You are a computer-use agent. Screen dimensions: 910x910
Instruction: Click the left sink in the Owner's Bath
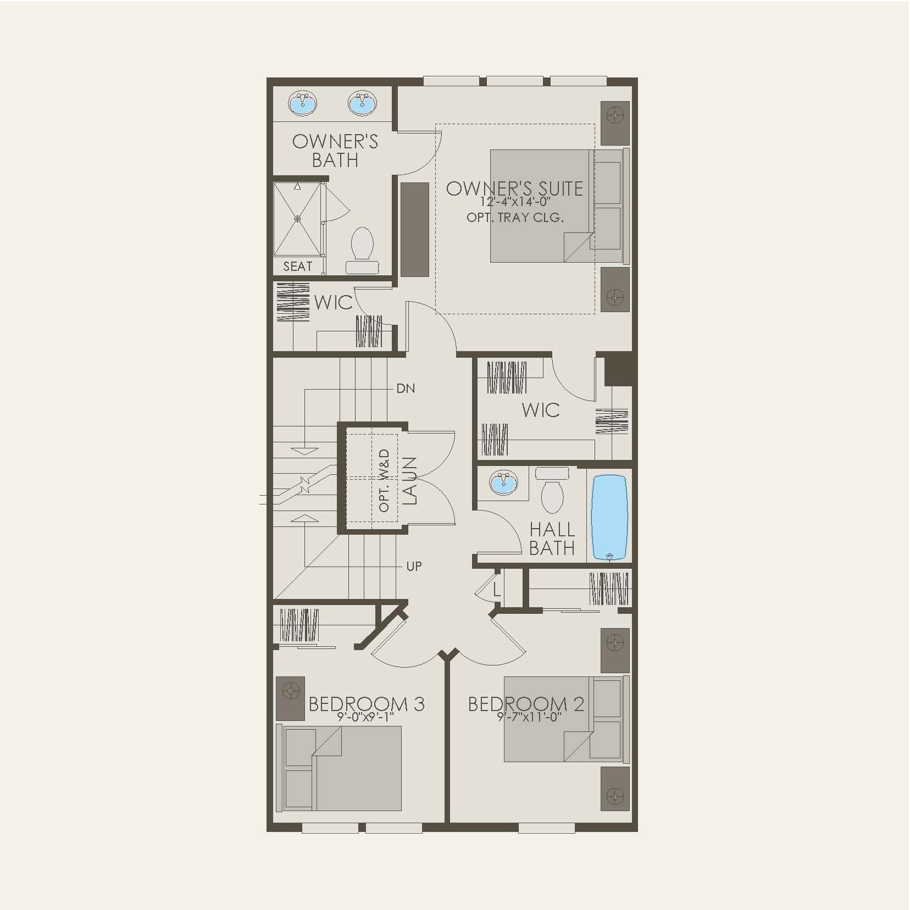[302, 103]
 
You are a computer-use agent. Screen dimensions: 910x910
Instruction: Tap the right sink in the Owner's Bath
[360, 103]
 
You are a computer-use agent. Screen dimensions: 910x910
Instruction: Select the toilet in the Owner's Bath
[362, 243]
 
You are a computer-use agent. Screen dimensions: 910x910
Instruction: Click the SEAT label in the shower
[298, 267]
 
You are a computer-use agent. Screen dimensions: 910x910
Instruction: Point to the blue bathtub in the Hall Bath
[609, 517]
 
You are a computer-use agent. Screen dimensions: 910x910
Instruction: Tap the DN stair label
[406, 389]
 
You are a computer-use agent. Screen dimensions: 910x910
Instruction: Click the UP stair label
[414, 566]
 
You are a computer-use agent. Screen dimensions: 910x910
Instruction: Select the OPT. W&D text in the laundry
[384, 480]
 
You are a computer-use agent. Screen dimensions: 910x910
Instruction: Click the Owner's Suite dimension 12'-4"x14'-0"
[514, 202]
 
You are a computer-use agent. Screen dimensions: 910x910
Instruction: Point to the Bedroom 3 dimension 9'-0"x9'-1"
[367, 717]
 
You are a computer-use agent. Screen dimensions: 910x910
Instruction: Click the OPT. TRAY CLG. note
[515, 218]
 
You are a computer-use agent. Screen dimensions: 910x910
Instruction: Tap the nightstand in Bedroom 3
[291, 698]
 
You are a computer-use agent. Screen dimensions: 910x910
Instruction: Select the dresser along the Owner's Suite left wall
[415, 229]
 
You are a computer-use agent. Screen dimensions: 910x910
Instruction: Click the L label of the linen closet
[496, 591]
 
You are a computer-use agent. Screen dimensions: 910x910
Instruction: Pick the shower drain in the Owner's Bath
[298, 219]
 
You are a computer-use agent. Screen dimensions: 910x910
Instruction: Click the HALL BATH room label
[552, 539]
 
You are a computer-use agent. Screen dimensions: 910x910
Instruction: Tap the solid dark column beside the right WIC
[620, 369]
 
